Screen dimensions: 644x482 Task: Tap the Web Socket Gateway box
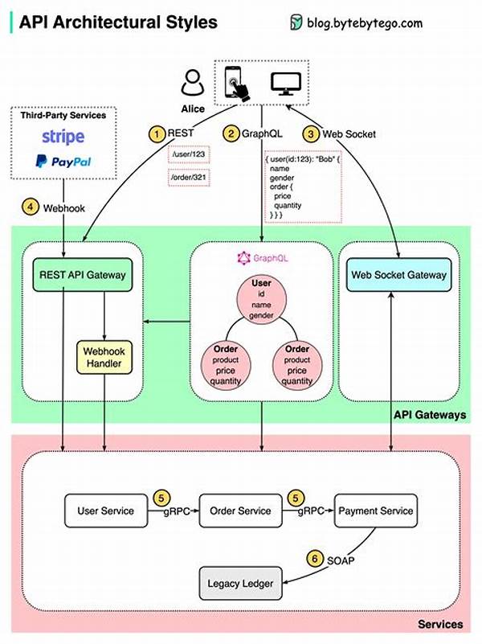tap(398, 275)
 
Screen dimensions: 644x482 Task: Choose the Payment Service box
tap(375, 511)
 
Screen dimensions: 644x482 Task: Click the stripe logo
tap(63, 134)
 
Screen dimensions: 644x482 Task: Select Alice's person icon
tap(193, 83)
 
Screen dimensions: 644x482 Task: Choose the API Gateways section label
tap(430, 415)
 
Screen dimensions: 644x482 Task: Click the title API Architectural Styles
tap(118, 22)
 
